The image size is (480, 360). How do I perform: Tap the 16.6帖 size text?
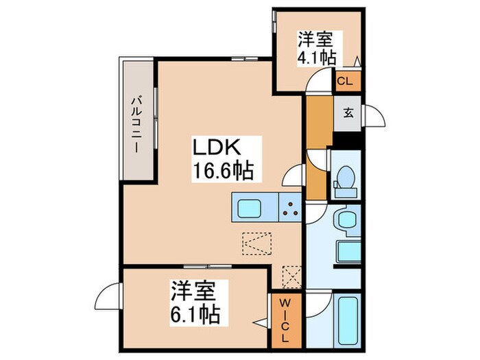click(x=217, y=169)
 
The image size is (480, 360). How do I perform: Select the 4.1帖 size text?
click(x=316, y=57)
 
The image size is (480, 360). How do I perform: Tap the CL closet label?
click(x=347, y=81)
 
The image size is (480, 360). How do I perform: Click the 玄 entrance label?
click(x=348, y=112)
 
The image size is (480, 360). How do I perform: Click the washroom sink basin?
click(x=344, y=221)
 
